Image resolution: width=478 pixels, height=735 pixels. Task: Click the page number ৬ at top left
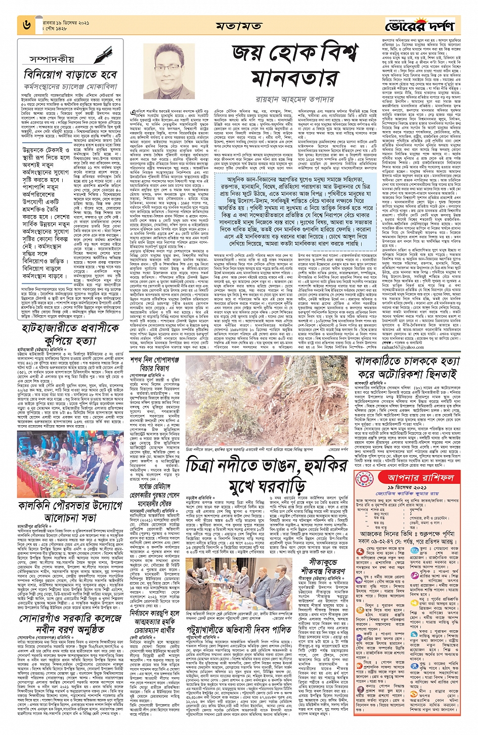coord(26,24)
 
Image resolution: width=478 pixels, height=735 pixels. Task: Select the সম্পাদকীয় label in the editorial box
coord(51,59)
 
